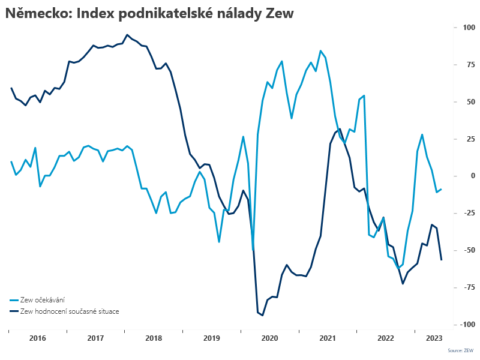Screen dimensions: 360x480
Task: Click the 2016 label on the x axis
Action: coord(37,338)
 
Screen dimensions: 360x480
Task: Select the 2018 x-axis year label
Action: coord(154,338)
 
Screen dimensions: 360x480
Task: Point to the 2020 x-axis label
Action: coord(270,338)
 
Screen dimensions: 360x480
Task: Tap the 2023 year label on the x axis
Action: coord(434,338)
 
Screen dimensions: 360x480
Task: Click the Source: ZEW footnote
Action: coord(460,350)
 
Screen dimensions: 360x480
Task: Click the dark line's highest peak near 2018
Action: coord(127,35)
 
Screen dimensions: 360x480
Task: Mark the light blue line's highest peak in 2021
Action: coord(320,51)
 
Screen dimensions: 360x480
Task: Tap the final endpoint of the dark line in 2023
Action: coord(442,260)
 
